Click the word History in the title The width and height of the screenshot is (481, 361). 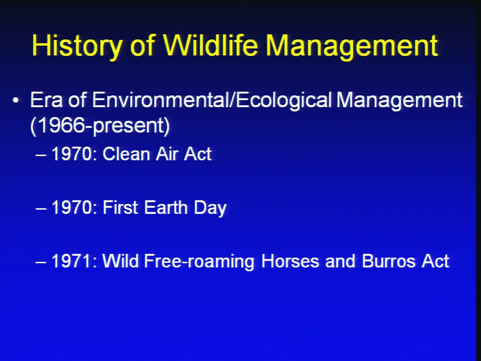pos(77,46)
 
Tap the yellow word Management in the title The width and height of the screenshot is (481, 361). pos(352,46)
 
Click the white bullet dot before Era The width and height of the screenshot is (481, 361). pos(16,100)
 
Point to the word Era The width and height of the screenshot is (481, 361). pos(46,100)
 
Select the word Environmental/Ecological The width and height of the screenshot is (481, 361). pos(212,101)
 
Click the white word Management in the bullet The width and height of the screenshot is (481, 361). pos(399,101)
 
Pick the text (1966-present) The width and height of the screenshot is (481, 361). pos(100,126)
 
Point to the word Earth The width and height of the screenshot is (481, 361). pos(166,207)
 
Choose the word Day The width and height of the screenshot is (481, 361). pos(210,209)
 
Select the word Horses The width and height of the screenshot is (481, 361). pos(290,261)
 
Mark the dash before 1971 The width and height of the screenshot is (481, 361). pos(41,263)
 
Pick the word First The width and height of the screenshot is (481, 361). pos(120,207)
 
